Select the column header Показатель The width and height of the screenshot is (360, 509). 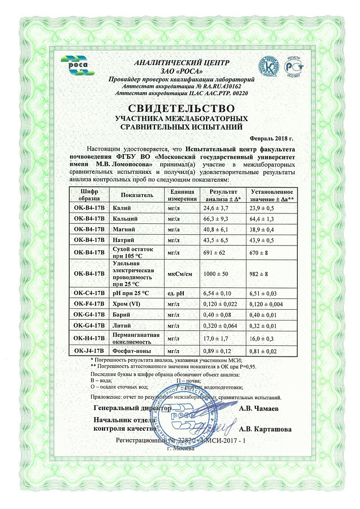137,194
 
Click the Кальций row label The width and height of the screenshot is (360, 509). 125,219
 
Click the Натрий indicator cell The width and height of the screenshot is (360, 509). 123,240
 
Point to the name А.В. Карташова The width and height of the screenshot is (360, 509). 265,429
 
